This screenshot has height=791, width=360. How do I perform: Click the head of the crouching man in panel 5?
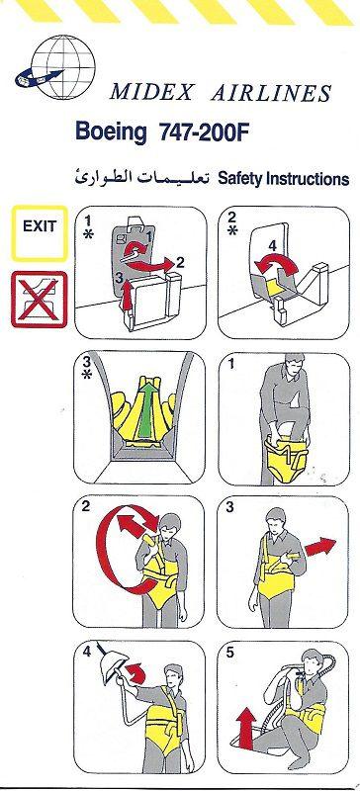312,661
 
